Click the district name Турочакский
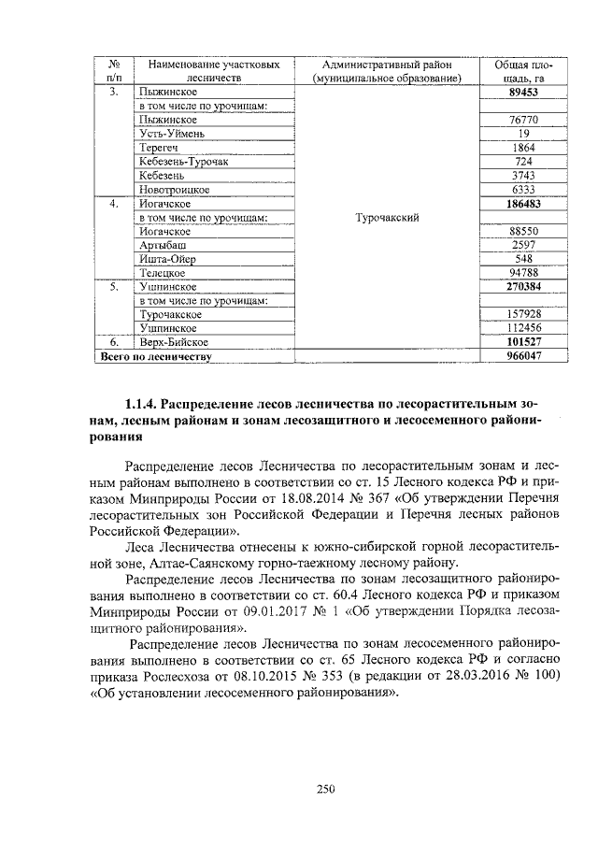387,217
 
